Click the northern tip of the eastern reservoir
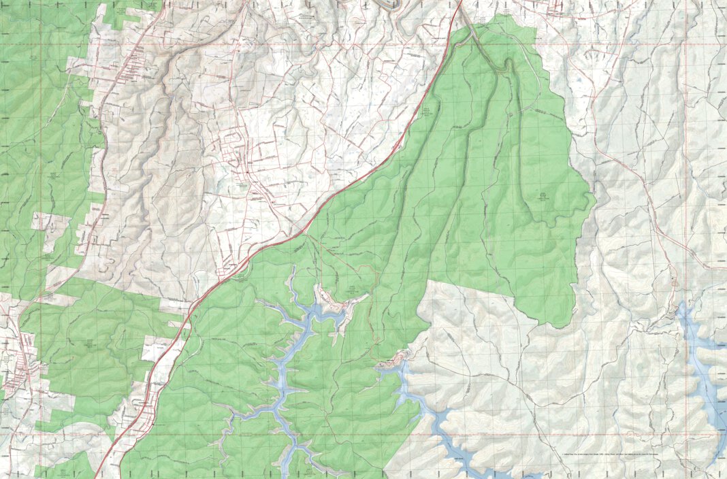(x=683, y=310)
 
